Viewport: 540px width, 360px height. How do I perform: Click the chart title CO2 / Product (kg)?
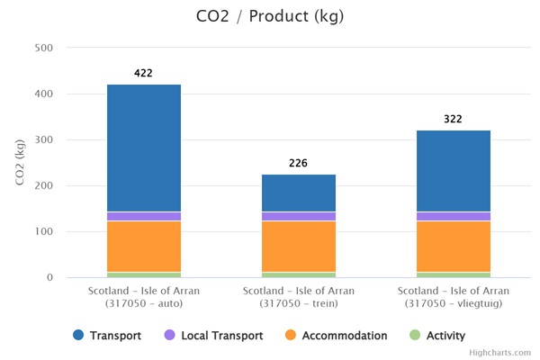coord(270,17)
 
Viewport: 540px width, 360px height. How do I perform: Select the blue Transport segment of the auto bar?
coord(144,148)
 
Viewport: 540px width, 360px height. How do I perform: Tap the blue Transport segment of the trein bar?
coord(299,193)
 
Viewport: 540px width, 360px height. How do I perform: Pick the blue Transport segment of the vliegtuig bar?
coord(453,171)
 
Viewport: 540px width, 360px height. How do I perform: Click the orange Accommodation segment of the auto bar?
coord(144,246)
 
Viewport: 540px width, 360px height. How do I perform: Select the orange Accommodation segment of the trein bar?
coord(299,246)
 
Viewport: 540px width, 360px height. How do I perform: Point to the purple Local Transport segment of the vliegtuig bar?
coord(453,216)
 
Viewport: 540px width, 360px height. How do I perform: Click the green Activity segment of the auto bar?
coord(144,274)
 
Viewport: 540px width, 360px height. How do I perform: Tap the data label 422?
coord(144,73)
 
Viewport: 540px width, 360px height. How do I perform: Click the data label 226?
coord(299,163)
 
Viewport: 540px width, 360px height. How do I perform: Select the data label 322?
coord(453,119)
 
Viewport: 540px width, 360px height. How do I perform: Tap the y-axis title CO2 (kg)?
coord(20,163)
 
